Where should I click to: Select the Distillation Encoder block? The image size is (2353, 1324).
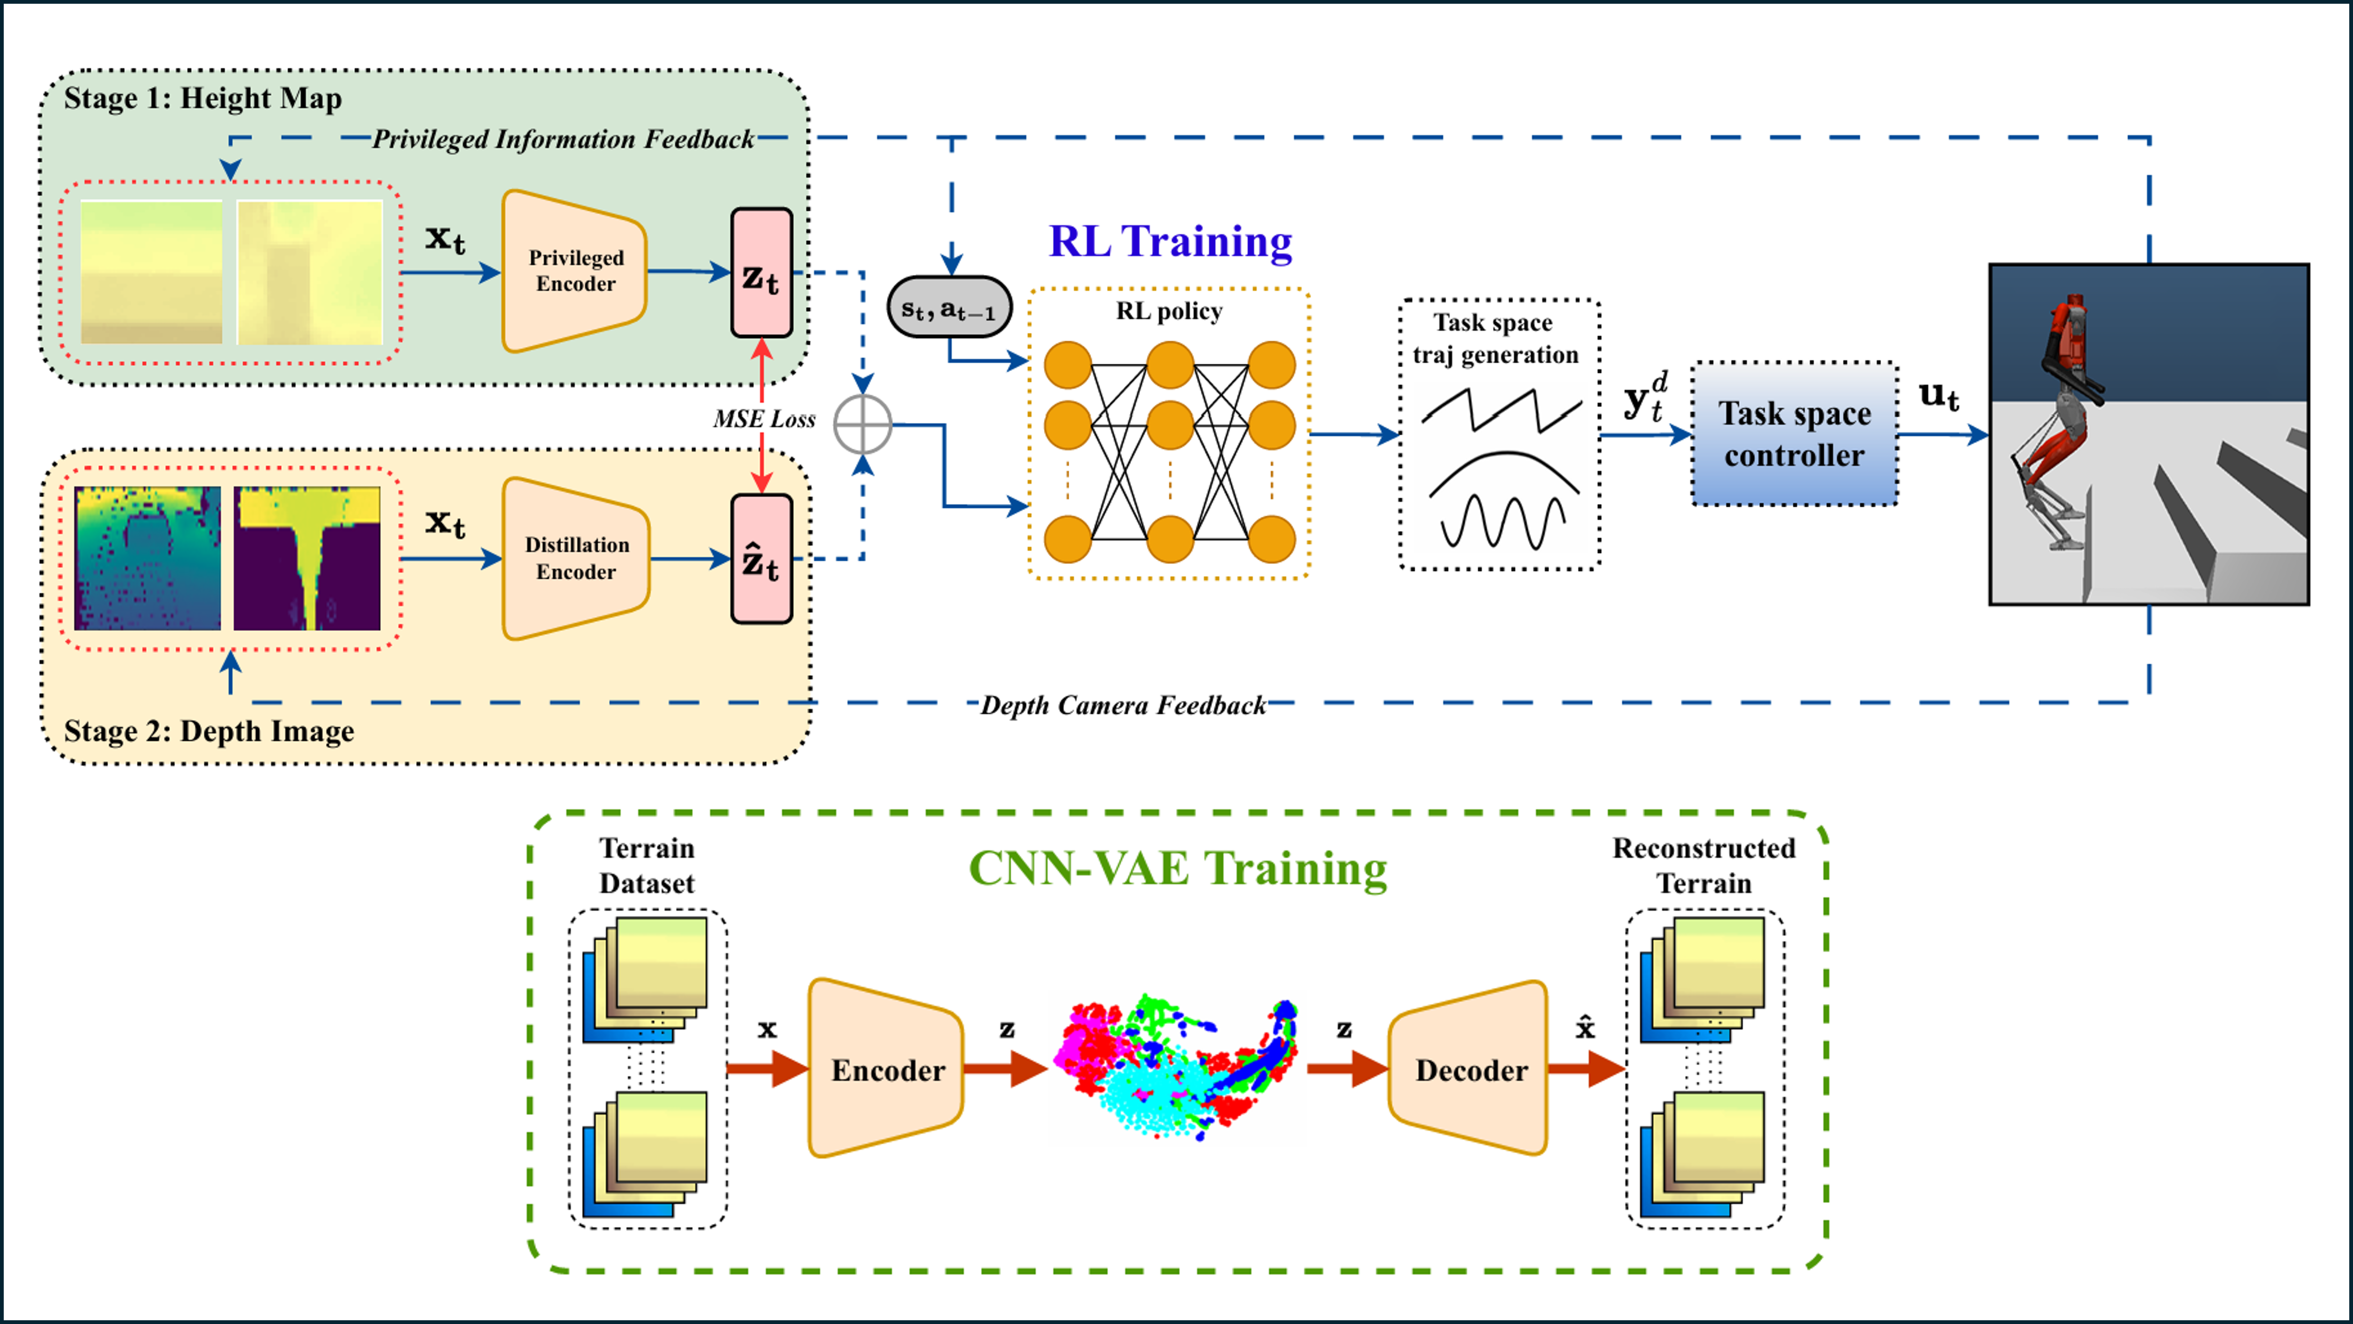click(x=576, y=559)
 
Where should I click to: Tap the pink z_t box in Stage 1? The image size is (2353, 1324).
click(x=761, y=272)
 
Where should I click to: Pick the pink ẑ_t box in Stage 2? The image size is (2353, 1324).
click(x=761, y=559)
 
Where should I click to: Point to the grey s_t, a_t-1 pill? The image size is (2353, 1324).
click(x=949, y=308)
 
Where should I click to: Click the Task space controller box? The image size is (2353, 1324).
click(x=1794, y=434)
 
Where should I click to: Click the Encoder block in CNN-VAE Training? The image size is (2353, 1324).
click(x=886, y=1069)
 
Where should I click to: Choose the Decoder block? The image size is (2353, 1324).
click(x=1470, y=1069)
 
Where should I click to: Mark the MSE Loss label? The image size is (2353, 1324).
click(x=764, y=419)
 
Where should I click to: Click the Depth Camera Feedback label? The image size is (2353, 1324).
click(x=1122, y=705)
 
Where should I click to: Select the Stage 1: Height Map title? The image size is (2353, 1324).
click(x=203, y=98)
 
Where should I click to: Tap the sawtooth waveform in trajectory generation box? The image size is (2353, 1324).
click(x=1501, y=409)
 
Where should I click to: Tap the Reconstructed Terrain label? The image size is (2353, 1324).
click(x=1704, y=865)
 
